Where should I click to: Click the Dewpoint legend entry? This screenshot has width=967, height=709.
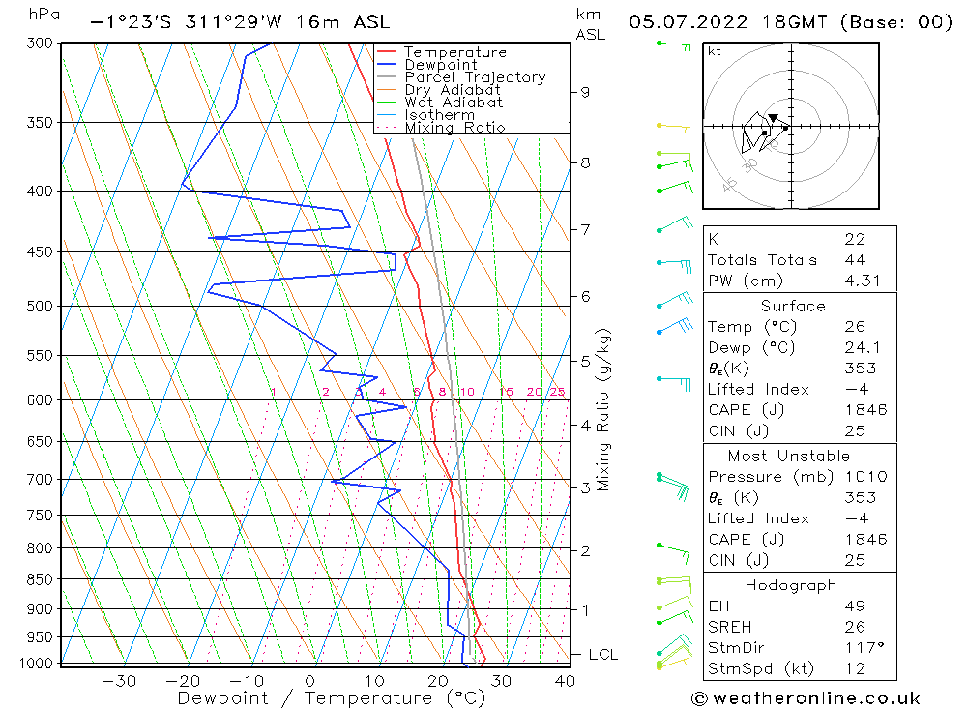[x=440, y=65]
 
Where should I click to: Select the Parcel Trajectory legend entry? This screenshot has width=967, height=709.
[x=474, y=77]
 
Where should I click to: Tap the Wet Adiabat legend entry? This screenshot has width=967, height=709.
[x=453, y=103]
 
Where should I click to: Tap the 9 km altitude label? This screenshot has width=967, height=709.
[x=585, y=92]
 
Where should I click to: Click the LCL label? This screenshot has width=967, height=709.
[x=602, y=655]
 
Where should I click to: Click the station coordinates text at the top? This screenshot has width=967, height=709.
[x=240, y=22]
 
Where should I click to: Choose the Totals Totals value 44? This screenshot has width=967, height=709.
[x=855, y=259]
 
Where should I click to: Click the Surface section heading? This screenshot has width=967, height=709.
[x=793, y=307]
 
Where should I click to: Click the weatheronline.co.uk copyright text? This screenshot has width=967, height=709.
[x=806, y=698]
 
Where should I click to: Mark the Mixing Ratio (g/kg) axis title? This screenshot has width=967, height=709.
[x=604, y=409]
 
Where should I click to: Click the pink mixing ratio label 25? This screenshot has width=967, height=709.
[x=557, y=392]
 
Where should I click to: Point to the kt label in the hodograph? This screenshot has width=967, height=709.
[x=714, y=51]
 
